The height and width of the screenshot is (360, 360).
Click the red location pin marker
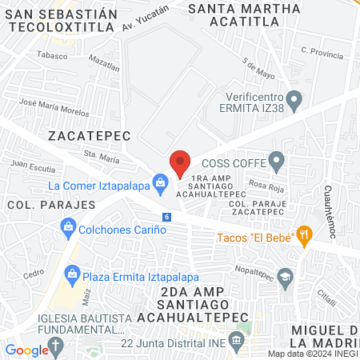[180, 164]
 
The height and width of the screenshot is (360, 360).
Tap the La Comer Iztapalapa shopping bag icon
[162, 183]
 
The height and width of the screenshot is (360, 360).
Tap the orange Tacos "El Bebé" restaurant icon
[303, 235]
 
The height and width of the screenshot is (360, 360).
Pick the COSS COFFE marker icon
[277, 160]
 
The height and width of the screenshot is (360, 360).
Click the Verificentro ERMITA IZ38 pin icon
[294, 102]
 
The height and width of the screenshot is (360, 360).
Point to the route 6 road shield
[166, 217]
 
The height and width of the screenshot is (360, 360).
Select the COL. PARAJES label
[50, 205]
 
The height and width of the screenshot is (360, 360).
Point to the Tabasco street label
[53, 55]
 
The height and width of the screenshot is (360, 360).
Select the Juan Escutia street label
[32, 169]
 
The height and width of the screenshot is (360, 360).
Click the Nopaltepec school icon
[286, 276]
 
